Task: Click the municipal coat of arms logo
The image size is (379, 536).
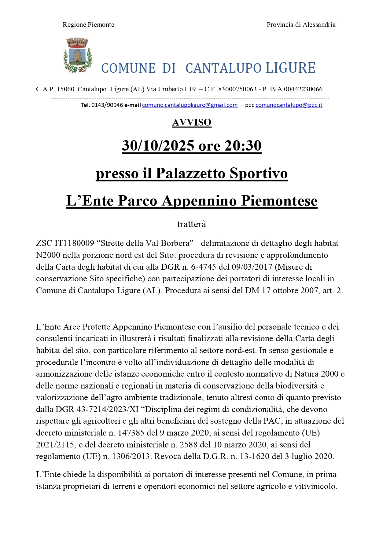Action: click(78, 55)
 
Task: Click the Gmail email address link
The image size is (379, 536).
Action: click(190, 105)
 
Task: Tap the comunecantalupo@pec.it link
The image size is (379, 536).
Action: click(289, 105)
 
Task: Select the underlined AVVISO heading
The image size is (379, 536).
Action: click(192, 122)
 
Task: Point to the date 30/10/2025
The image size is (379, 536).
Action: click(158, 146)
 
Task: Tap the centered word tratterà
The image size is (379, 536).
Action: click(192, 224)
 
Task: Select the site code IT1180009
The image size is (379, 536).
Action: click(74, 243)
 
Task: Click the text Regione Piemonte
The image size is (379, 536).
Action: click(88, 25)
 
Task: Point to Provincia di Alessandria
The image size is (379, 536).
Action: click(301, 25)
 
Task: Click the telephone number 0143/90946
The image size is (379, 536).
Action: click(107, 105)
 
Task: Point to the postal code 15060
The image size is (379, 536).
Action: click(65, 89)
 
